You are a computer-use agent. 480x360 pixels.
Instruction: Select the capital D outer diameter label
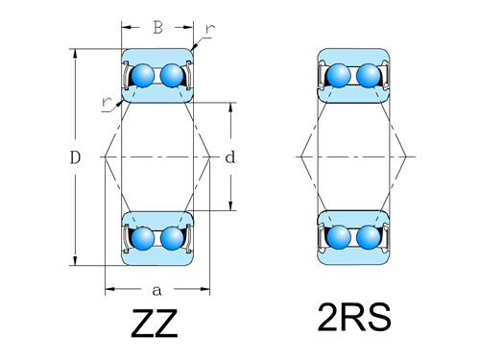click(74, 156)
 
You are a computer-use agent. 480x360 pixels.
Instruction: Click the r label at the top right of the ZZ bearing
click(209, 30)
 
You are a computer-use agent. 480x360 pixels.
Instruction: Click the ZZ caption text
click(156, 324)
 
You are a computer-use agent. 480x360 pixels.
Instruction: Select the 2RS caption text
click(354, 318)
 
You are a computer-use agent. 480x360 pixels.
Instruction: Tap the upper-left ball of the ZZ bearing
click(143, 75)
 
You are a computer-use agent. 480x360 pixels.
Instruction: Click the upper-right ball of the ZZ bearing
click(172, 75)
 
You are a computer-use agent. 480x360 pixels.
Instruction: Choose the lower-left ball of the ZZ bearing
click(143, 236)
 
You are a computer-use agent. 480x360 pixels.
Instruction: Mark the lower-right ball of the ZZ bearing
click(172, 236)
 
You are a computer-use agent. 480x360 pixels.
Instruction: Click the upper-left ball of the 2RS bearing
click(339, 75)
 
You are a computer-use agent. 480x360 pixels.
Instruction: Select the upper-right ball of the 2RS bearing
click(368, 75)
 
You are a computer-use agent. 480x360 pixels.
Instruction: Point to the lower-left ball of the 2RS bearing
click(339, 236)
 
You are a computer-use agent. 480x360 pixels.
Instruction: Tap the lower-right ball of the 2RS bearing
click(368, 236)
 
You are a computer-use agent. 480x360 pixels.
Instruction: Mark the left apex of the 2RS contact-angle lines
click(300, 156)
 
